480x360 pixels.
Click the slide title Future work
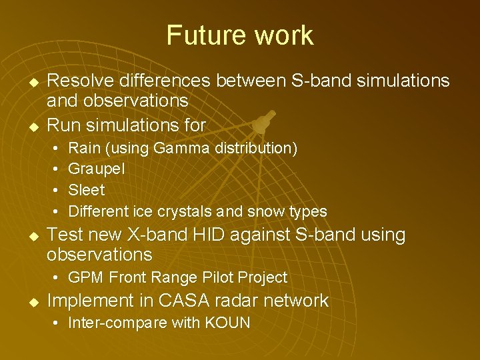pyautogui.click(x=239, y=35)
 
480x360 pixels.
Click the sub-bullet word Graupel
pyautogui.click(x=97, y=169)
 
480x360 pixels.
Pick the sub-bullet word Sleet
pyautogui.click(x=87, y=190)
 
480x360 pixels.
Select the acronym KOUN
pyautogui.click(x=227, y=323)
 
